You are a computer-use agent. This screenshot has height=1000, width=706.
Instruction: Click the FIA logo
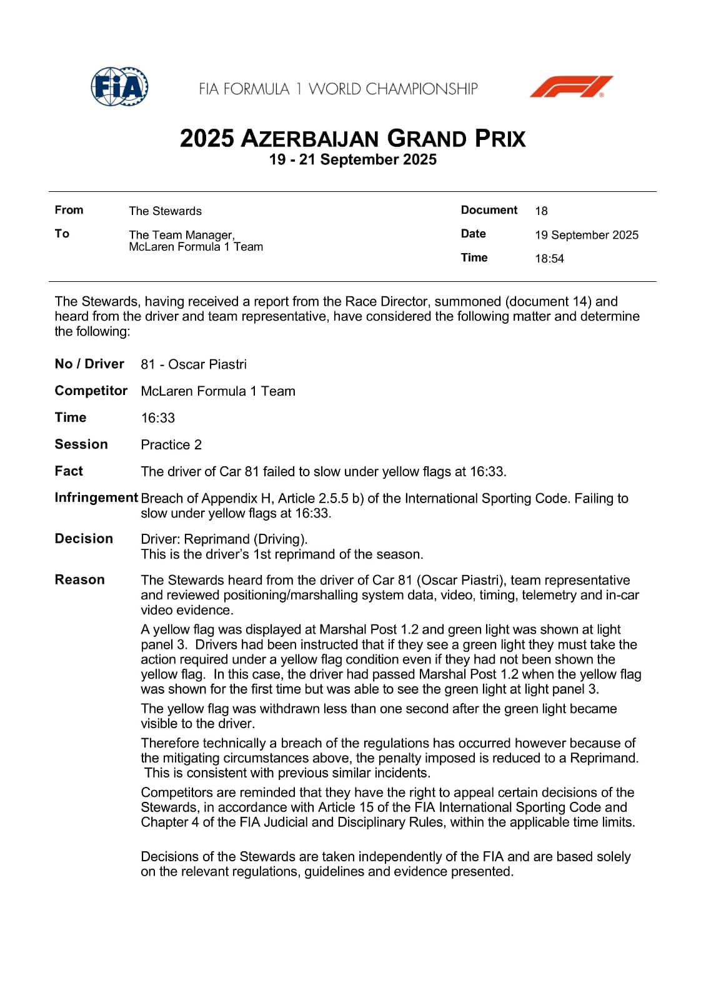(119, 87)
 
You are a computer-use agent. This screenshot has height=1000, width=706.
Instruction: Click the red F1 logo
(571, 87)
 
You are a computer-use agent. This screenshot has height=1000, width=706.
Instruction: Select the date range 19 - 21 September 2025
(352, 160)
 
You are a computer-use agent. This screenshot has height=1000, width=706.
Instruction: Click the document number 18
(541, 211)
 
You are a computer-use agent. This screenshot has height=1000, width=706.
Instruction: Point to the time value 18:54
(549, 259)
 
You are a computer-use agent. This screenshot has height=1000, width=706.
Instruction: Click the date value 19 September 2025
(586, 235)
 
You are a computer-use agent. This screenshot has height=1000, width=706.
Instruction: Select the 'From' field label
(69, 210)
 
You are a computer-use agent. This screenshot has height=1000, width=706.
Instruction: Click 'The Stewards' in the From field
(165, 211)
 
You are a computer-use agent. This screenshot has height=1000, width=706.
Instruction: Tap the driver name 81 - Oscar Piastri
(194, 364)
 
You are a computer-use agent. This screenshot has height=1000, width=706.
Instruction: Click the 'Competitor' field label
(91, 391)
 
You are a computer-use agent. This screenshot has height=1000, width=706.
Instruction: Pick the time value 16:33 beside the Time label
(158, 417)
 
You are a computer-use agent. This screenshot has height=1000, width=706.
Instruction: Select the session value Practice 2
(171, 444)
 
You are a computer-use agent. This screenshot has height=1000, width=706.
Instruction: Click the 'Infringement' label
(96, 497)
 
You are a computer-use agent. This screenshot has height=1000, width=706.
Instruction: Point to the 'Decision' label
(84, 538)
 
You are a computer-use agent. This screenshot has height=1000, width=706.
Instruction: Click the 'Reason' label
(79, 579)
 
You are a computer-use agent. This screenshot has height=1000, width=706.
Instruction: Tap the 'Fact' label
(69, 471)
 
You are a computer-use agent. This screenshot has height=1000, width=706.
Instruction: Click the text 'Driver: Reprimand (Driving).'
(224, 539)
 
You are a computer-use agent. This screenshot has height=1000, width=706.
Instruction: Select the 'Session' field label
(81, 444)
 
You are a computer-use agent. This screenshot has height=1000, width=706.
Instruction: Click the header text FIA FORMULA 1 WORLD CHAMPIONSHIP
(338, 89)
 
